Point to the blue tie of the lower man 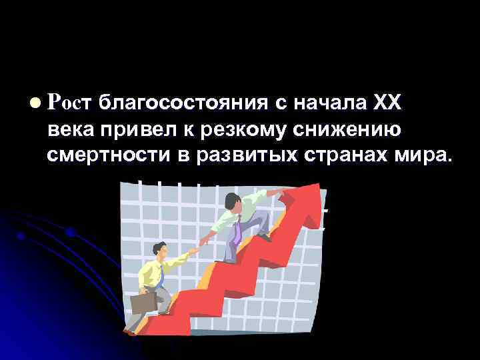pyautogui.click(x=160, y=273)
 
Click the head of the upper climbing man pyautogui.click(x=231, y=200)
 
